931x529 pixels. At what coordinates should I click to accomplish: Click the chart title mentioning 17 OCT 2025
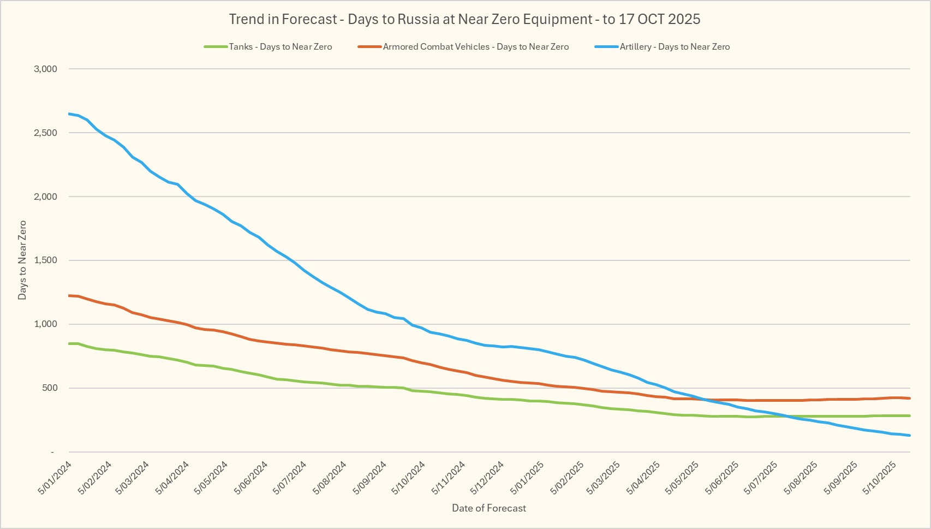point(464,20)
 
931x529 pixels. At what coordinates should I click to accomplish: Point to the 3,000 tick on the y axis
point(45,69)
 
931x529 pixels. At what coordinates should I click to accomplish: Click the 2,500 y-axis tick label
point(45,133)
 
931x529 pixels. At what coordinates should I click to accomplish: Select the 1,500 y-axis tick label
point(45,260)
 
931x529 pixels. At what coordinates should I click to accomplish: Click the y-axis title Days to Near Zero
point(22,260)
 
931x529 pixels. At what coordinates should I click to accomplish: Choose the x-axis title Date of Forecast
point(489,508)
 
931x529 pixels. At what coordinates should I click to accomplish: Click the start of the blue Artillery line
point(69,114)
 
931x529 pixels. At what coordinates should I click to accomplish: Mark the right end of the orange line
point(909,398)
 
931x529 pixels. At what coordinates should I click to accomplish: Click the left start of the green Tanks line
point(69,343)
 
